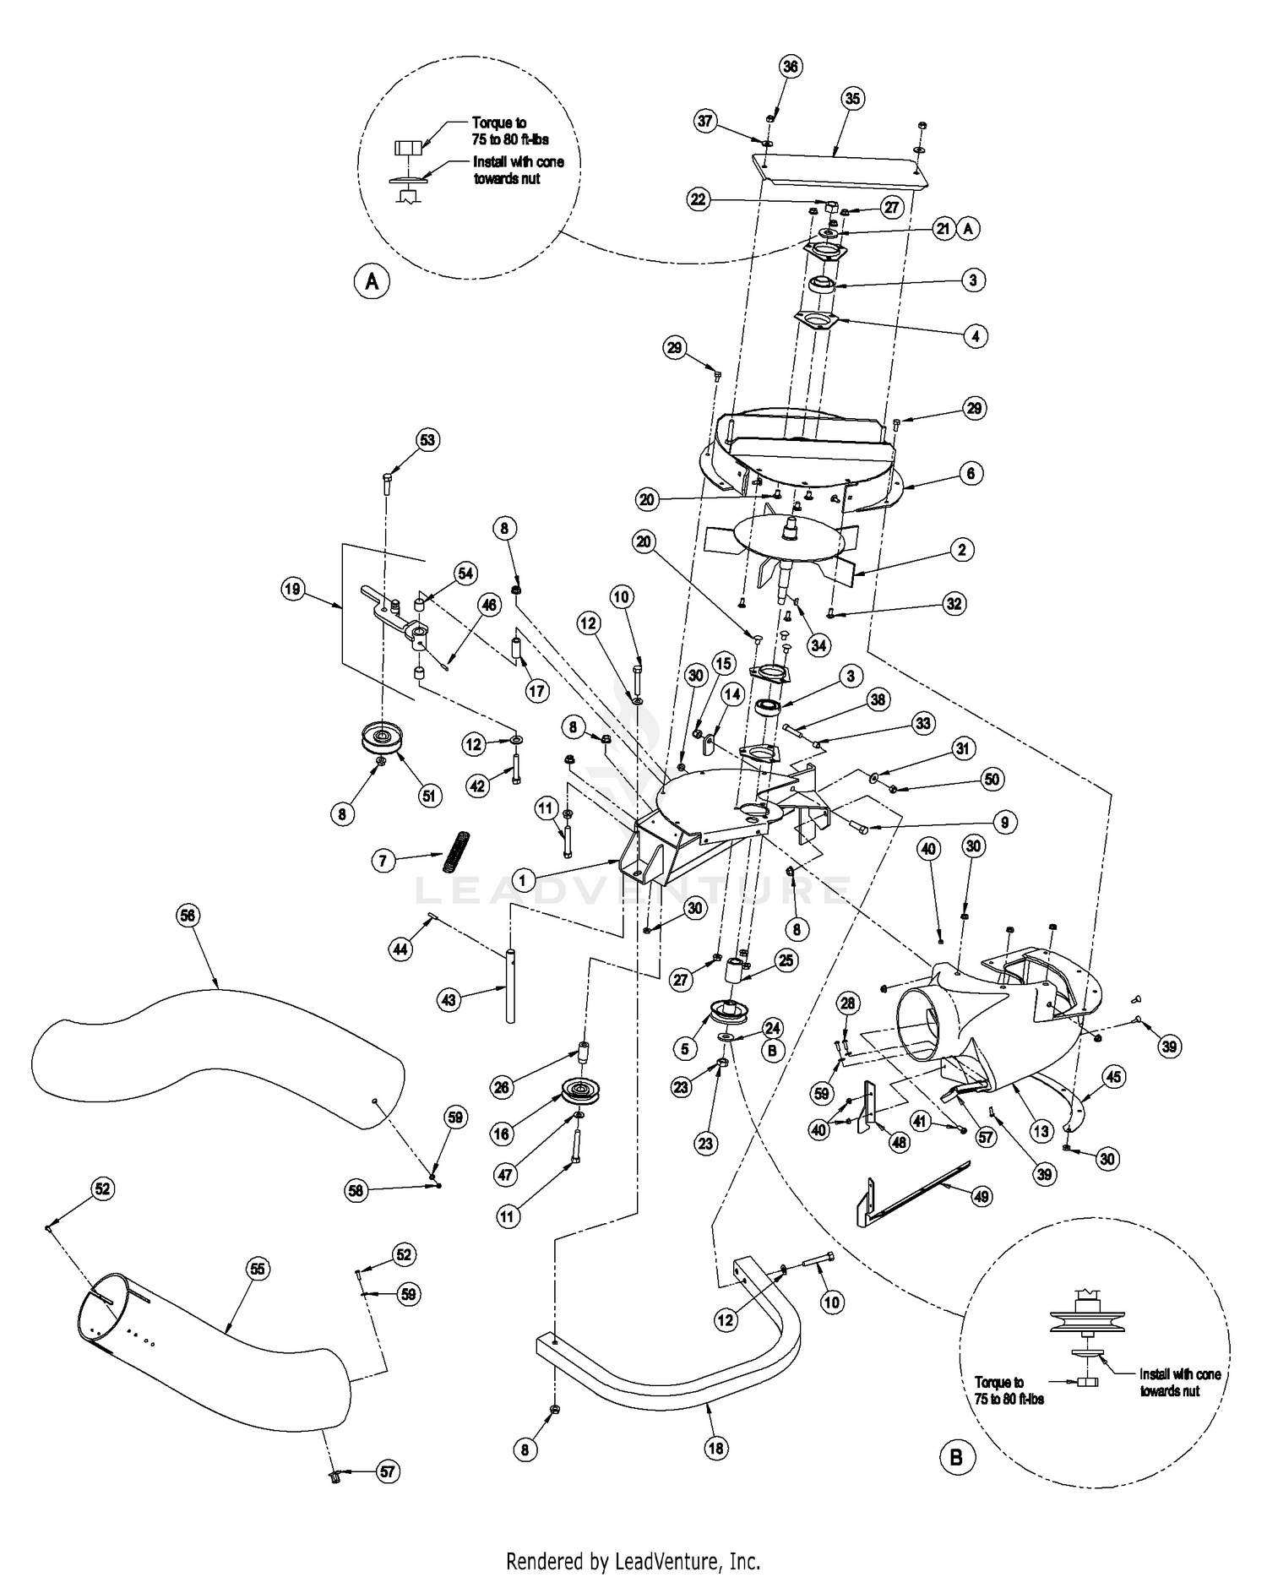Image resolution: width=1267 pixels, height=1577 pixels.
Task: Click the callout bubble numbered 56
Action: tap(188, 915)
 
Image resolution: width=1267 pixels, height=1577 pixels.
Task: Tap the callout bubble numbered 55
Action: tap(257, 1268)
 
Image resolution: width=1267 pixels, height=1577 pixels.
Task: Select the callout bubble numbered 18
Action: tap(716, 1448)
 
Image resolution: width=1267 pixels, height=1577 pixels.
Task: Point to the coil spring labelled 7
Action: tap(457, 851)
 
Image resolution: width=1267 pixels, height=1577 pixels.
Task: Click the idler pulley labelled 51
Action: tap(384, 739)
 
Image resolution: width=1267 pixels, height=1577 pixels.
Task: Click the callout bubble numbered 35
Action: tap(852, 99)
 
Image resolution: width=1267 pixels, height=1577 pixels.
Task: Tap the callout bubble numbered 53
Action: tap(428, 440)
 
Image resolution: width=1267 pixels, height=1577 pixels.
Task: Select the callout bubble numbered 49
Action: tap(982, 1196)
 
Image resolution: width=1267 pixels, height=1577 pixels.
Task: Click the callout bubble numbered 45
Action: tap(1113, 1077)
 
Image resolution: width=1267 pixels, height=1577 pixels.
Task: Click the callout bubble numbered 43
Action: tap(449, 1000)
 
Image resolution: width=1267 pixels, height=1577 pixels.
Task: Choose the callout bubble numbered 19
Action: tap(292, 590)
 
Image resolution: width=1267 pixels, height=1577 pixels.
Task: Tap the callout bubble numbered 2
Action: tap(961, 550)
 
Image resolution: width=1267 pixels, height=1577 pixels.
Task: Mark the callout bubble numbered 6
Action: tap(970, 474)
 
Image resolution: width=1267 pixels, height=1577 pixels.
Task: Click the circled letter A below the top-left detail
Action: tap(372, 282)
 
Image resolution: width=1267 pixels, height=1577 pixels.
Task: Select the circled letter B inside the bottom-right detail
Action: tap(956, 1457)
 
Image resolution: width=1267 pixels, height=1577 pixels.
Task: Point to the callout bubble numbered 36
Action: tap(790, 67)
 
